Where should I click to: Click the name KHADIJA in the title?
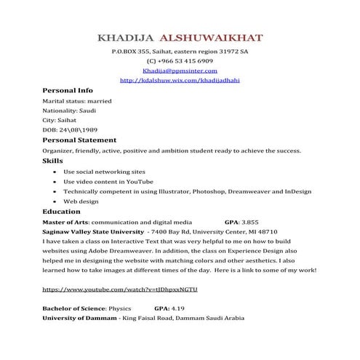[x=128, y=37]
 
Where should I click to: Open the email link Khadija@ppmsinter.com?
[x=180, y=71]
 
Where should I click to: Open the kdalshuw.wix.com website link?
[x=179, y=80]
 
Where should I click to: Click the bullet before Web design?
[x=56, y=201]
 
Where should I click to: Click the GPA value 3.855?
[x=250, y=221]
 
